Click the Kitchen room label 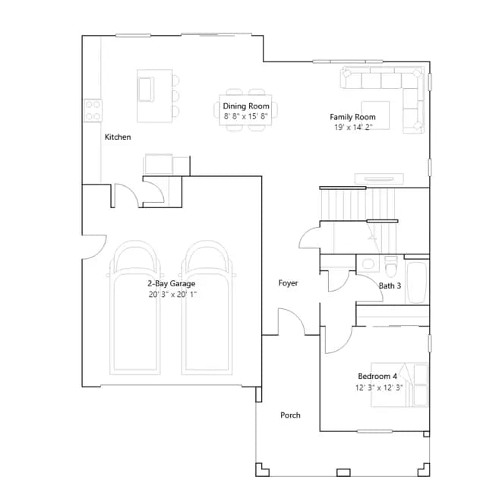click(x=118, y=137)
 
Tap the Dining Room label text click(x=246, y=106)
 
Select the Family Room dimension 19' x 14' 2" click(x=353, y=127)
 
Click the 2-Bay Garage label click(x=172, y=283)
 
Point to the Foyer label click(x=289, y=283)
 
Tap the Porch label click(x=290, y=415)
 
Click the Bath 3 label click(x=390, y=286)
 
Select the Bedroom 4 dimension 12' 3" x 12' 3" click(x=379, y=387)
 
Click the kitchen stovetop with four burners click(x=93, y=110)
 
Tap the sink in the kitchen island click(x=146, y=90)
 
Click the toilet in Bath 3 click(x=391, y=267)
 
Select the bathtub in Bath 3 click(x=417, y=282)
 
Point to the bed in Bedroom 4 click(x=400, y=385)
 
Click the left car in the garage click(x=135, y=308)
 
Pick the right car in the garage click(x=207, y=308)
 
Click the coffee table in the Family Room click(x=375, y=115)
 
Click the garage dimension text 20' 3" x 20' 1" click(x=172, y=295)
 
